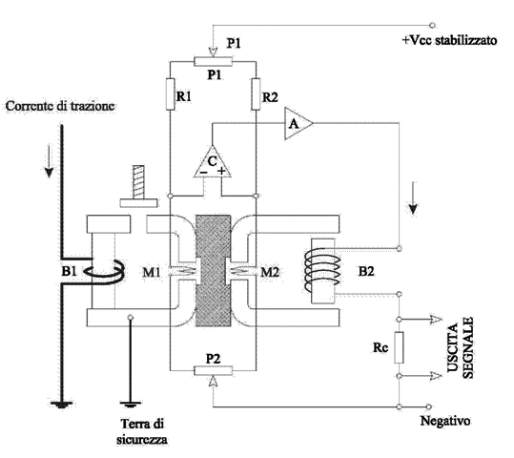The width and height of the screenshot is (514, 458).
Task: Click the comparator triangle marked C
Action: [212, 164]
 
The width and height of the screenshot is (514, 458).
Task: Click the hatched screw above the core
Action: [131, 184]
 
